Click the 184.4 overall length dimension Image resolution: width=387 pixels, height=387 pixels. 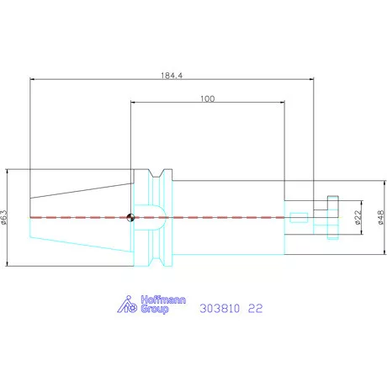point(172,76)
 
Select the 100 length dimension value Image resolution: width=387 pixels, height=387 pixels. point(208,98)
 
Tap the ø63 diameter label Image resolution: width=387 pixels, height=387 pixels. point(4,217)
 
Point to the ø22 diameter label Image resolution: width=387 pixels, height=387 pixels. point(358,217)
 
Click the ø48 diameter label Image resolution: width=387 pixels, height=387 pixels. point(381,217)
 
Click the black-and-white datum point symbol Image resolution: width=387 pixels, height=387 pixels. point(130,217)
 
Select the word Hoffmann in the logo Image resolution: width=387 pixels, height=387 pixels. point(163,300)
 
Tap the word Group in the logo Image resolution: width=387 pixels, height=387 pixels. point(155,309)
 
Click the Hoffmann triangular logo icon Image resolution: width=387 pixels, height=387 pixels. point(127,305)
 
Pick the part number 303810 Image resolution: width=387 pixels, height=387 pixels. point(220,309)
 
